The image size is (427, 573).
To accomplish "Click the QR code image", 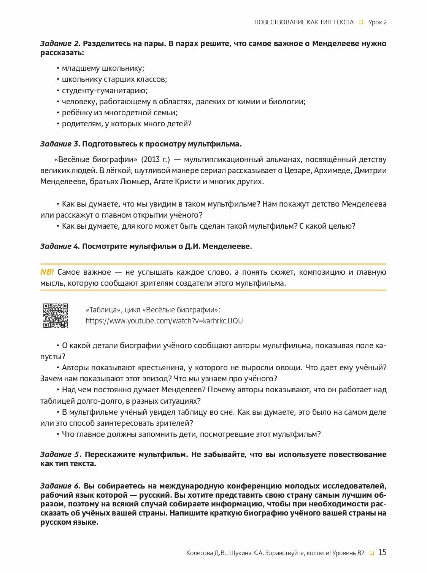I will (x=56, y=315).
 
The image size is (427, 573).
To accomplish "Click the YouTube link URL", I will (x=164, y=321).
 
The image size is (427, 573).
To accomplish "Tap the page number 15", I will (x=382, y=552).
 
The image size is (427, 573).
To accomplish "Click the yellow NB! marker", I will (x=47, y=272).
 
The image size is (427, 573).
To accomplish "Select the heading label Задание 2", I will (x=60, y=43).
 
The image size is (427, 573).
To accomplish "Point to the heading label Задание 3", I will (x=60, y=144).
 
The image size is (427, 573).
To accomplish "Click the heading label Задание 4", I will (x=60, y=246).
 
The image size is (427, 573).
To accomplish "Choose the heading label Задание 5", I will (x=61, y=454).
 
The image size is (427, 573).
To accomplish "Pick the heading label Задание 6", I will (x=60, y=486).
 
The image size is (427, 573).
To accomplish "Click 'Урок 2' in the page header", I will (x=377, y=22).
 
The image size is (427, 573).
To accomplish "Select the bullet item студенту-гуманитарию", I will (x=105, y=91).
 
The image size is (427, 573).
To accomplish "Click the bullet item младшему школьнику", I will (x=103, y=68).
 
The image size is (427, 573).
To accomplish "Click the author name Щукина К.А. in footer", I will (x=246, y=553).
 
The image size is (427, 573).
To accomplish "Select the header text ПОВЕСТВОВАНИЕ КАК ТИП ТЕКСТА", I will (x=304, y=22).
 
